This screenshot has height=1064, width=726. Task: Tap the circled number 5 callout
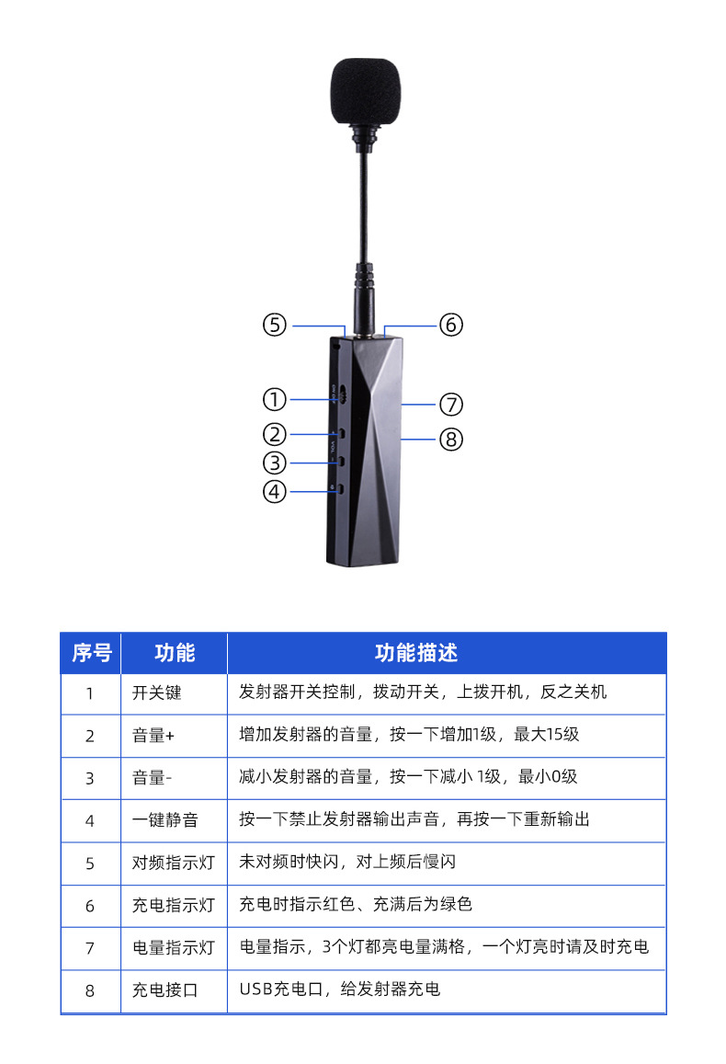(275, 325)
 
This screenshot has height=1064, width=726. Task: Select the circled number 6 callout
(450, 325)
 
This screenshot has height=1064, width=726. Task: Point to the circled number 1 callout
(275, 399)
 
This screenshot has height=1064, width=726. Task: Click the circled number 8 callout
(450, 440)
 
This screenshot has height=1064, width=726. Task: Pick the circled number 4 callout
(275, 491)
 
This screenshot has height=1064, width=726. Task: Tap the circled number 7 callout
(450, 404)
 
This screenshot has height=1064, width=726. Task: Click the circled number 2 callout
(275, 433)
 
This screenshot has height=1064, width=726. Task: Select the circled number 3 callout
(275, 463)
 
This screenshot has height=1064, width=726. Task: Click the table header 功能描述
(416, 653)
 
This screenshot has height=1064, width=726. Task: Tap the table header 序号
(91, 653)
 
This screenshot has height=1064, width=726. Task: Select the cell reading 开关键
(157, 692)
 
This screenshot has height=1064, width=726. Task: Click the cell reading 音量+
(153, 735)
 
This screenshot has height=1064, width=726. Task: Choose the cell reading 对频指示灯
(174, 863)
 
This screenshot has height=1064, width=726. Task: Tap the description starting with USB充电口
(340, 990)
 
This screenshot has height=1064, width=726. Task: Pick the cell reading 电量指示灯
(174, 947)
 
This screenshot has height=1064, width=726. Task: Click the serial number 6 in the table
(90, 906)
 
